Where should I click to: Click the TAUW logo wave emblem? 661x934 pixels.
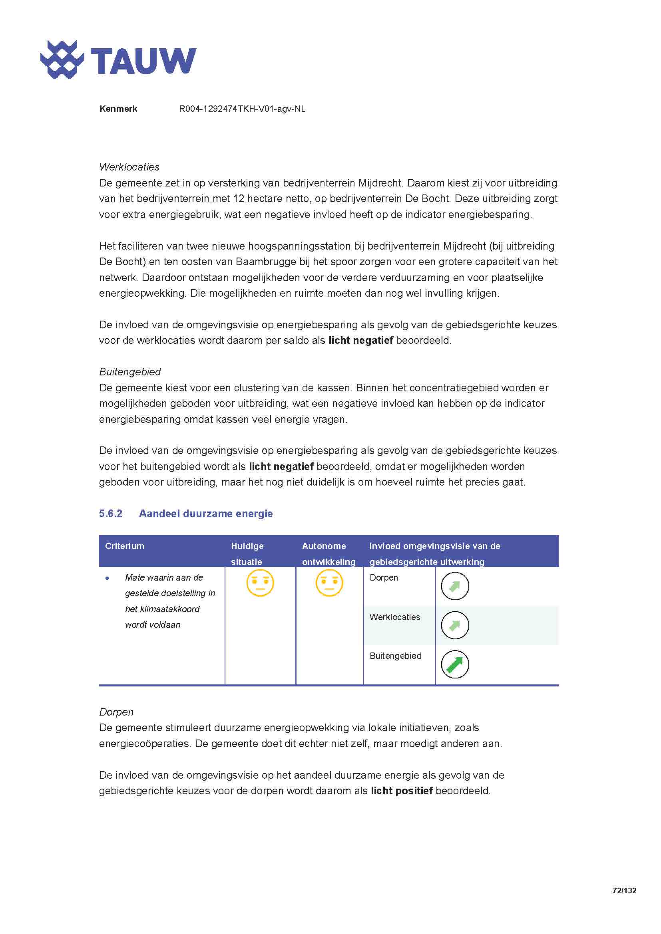[62, 59]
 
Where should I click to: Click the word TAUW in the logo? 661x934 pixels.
[143, 61]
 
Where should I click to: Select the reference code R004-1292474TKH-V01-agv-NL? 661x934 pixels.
[242, 109]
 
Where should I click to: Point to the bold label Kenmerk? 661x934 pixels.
[118, 109]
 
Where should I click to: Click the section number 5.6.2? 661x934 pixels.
[110, 514]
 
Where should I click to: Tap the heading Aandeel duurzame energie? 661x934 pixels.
[205, 514]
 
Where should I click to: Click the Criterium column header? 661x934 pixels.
[125, 546]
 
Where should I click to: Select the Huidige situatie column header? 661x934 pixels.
[247, 553]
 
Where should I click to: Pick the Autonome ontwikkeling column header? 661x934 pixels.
[329, 553]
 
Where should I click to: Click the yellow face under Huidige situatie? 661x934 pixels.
[260, 583]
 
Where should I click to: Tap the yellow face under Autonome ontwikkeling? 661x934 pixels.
[329, 583]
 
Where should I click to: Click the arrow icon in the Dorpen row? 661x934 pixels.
[455, 586]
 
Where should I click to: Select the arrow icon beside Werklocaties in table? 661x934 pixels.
[455, 625]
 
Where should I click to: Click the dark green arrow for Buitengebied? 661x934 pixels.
[455, 664]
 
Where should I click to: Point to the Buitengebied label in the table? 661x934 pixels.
[395, 656]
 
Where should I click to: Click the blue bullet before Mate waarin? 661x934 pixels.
[107, 578]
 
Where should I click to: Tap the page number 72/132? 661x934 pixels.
[624, 890]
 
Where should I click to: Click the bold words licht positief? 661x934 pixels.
[401, 791]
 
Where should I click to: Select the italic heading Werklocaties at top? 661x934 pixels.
[129, 167]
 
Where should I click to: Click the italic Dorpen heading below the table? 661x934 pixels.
[116, 712]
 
